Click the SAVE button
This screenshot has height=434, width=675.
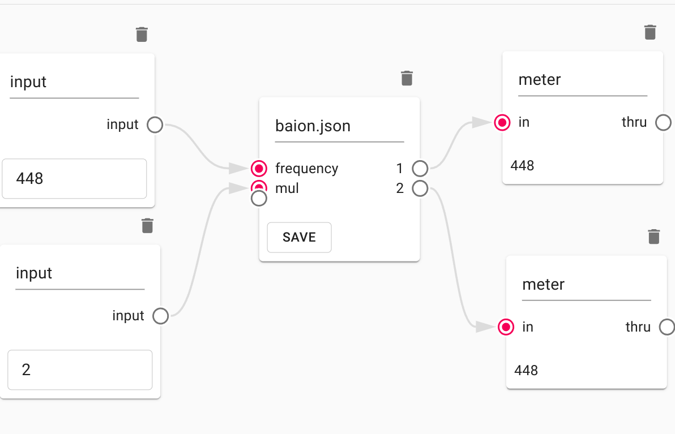(299, 237)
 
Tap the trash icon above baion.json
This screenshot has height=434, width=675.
(407, 78)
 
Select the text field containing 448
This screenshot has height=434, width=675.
(74, 179)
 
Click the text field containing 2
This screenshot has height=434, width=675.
(80, 370)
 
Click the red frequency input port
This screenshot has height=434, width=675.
(259, 168)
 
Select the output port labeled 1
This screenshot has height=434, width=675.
(420, 168)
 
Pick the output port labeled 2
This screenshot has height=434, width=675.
(420, 188)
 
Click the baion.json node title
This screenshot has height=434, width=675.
(313, 126)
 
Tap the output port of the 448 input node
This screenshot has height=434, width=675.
(155, 124)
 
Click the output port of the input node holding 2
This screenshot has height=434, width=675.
(161, 316)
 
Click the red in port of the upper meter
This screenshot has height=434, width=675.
(502, 122)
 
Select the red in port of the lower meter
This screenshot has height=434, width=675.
(506, 327)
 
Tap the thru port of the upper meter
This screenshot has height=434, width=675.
(663, 122)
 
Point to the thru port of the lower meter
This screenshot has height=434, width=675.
(667, 327)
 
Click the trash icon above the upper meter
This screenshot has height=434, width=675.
(650, 32)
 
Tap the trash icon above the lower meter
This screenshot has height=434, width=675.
(653, 236)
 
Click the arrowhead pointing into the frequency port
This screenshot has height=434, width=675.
(238, 168)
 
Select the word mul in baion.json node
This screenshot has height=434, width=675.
(287, 188)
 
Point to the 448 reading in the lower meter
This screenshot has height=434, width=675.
(526, 371)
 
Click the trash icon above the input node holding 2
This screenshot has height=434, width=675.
(147, 225)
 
